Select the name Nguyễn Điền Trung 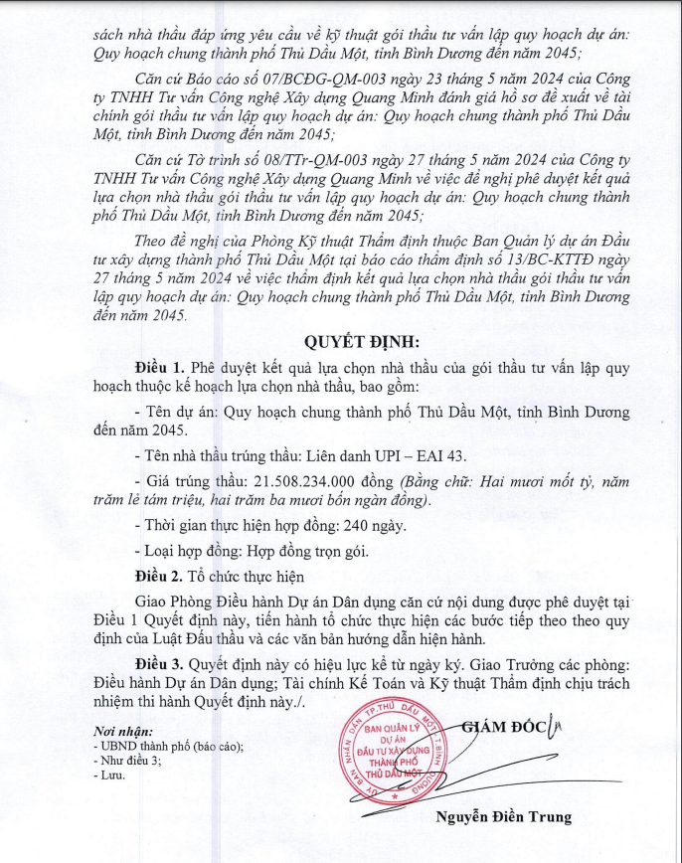[503, 817]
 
